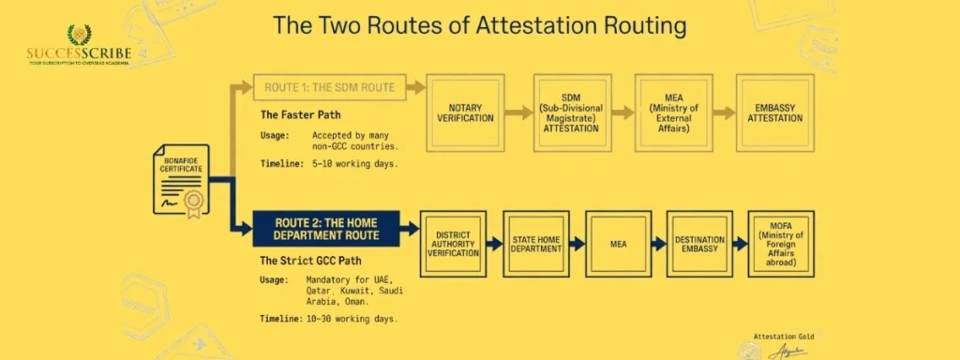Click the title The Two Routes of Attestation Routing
[x=479, y=25]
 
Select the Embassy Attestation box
[x=774, y=113]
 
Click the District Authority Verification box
[x=453, y=243]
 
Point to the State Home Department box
[x=535, y=243]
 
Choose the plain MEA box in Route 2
[x=618, y=243]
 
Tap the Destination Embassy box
[x=699, y=243]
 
